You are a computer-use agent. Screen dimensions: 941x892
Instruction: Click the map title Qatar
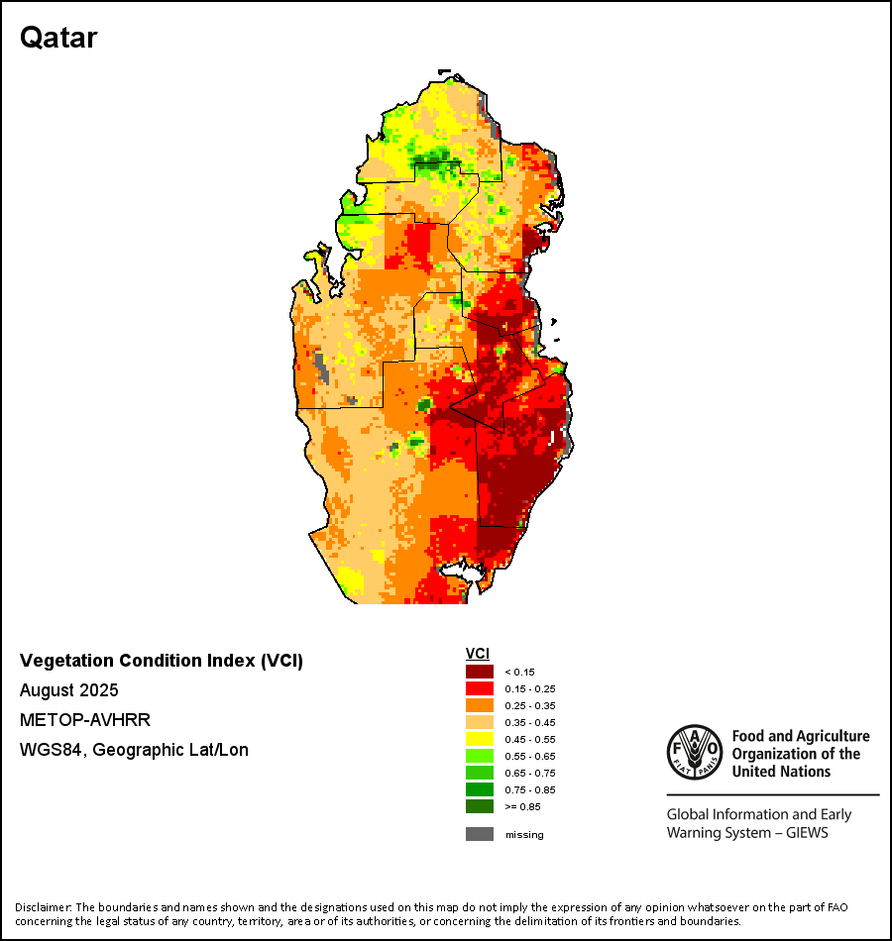coord(58,38)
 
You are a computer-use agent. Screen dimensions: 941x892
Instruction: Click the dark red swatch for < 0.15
coord(480,672)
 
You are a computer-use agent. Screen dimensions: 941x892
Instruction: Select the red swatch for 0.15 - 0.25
coord(480,688)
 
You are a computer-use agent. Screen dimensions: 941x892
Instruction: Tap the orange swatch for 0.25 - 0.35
coord(480,705)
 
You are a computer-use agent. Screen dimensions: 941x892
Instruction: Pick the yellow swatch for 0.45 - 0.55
coord(480,739)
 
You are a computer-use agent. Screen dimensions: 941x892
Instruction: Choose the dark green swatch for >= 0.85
coord(480,806)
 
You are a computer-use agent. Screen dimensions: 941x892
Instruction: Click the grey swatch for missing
coord(480,834)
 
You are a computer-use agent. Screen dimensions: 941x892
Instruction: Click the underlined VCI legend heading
coord(478,654)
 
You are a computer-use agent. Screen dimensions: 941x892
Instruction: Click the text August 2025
coord(69,690)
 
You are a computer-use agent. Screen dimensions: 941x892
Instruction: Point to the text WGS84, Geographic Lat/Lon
coord(134,750)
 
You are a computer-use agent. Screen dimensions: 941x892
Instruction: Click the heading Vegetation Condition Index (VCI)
coord(162,661)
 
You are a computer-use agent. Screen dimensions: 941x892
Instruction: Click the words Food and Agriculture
coord(801,736)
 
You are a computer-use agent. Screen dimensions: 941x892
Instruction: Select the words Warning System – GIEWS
coord(747,832)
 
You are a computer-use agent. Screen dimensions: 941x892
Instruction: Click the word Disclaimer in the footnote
coord(43,907)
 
